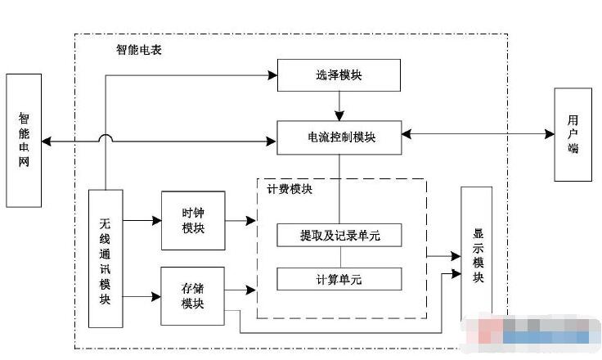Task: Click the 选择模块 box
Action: coord(339,76)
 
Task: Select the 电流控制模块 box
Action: coord(339,137)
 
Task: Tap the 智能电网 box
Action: coord(24,140)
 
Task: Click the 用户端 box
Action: coord(573,135)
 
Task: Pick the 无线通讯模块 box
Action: coord(105,258)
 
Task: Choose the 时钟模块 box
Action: coord(192,220)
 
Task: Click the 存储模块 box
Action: coord(192,295)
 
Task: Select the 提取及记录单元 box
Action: coord(339,236)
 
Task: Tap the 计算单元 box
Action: coord(339,279)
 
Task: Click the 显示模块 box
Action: coord(477,254)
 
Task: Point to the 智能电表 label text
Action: coord(139,49)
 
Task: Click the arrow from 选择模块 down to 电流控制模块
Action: coord(339,106)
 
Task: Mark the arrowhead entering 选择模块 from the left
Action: coord(272,76)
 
